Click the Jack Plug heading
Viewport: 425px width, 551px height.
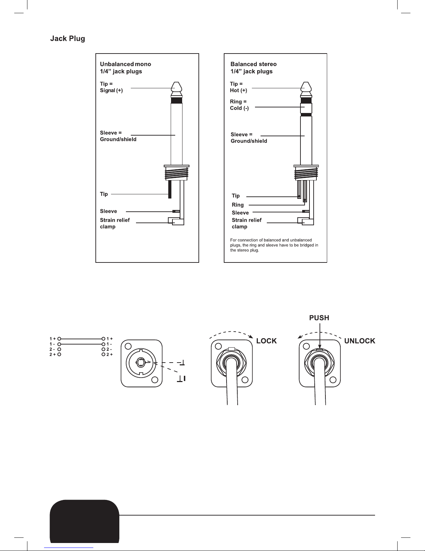click(x=68, y=39)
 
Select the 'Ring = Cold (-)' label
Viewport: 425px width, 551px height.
click(x=239, y=105)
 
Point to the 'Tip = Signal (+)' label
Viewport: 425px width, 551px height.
click(x=111, y=87)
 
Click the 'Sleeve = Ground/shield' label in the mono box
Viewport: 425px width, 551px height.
click(x=118, y=136)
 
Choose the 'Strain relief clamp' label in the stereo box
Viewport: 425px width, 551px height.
click(x=247, y=223)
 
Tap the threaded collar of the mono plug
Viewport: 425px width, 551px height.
click(x=177, y=173)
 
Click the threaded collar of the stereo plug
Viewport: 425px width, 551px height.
click(x=306, y=173)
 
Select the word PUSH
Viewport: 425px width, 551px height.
click(x=319, y=318)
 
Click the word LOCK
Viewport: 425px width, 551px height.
click(x=267, y=341)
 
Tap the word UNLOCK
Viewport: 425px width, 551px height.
click(x=360, y=341)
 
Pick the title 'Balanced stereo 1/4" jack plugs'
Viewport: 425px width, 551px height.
click(x=254, y=68)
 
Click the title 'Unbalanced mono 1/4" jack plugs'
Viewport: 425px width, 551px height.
click(x=126, y=68)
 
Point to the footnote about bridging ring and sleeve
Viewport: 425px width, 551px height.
click(x=274, y=245)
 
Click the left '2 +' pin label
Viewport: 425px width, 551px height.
click(x=52, y=355)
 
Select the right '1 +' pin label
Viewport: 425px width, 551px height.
click(x=110, y=339)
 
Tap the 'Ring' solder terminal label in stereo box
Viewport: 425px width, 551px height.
click(x=238, y=205)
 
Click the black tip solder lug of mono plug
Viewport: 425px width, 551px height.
click(x=170, y=189)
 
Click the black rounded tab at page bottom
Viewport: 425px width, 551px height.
click(x=85, y=521)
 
